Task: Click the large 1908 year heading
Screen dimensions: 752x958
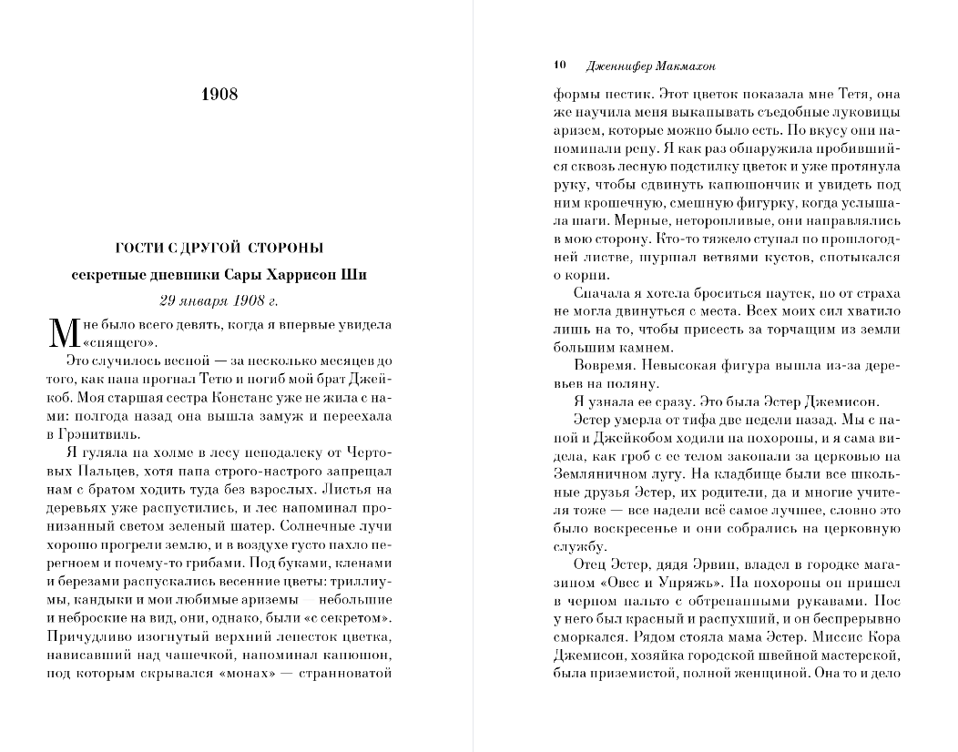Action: (x=219, y=95)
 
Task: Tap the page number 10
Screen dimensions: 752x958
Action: (x=560, y=66)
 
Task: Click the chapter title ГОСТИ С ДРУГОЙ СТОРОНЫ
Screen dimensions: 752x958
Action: (x=219, y=247)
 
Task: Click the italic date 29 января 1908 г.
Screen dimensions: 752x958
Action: (x=219, y=300)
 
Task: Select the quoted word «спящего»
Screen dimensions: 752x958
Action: (x=120, y=342)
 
